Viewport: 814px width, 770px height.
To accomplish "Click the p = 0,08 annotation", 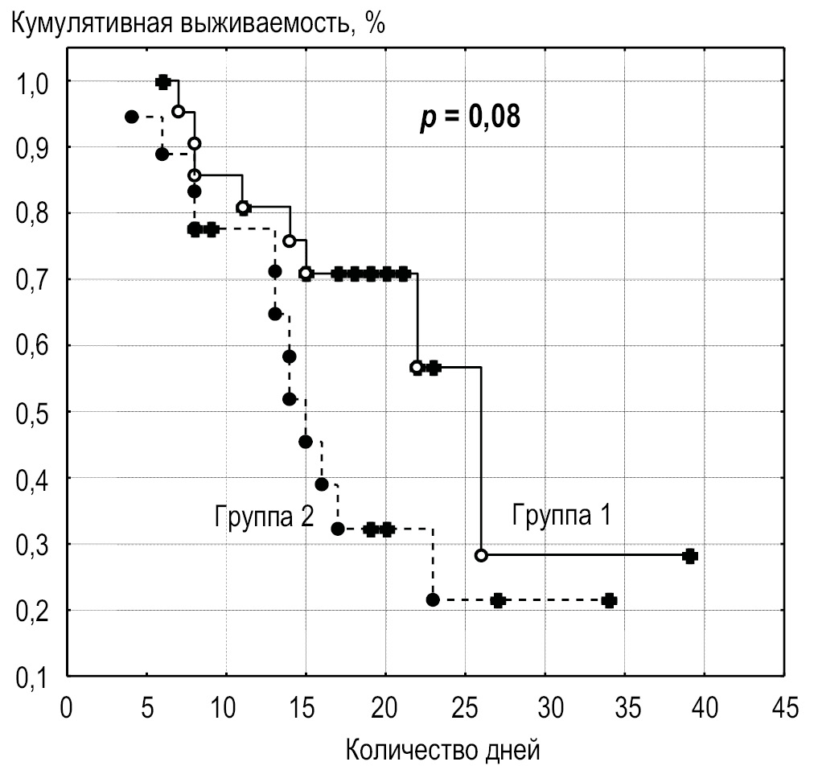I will pos(470,118).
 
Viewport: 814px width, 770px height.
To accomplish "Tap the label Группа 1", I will pos(561,514).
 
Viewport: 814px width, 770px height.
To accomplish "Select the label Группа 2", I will pos(263,514).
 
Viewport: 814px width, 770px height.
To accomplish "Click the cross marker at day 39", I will pos(689,556).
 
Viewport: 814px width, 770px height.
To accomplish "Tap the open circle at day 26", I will pos(481,555).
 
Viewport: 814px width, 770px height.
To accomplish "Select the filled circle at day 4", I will pos(132,117).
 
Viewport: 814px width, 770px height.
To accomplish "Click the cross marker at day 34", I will pos(609,600).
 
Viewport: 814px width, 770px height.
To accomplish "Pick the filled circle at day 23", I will pos(433,599).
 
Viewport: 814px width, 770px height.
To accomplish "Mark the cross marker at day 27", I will pos(498,600).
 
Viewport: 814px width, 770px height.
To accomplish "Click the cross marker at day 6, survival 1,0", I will pos(162,82).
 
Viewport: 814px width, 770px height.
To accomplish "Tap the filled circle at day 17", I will pos(338,529).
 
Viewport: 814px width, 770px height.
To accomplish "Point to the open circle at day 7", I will pos(179,111).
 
